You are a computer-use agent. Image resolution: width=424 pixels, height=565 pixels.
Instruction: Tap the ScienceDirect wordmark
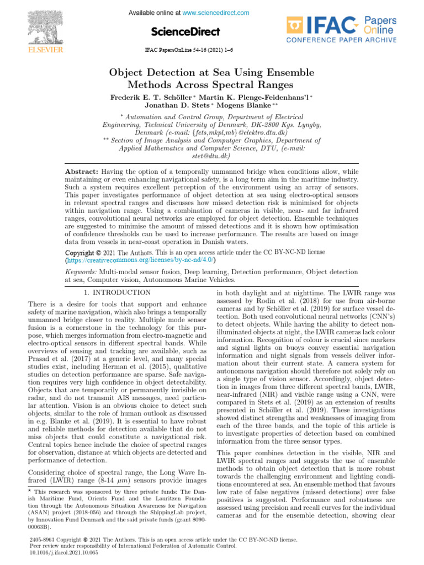[x=185, y=31]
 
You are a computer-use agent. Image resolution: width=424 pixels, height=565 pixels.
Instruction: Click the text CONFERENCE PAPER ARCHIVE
[x=341, y=41]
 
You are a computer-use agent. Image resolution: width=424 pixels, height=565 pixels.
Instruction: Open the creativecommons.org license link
[x=140, y=259]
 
